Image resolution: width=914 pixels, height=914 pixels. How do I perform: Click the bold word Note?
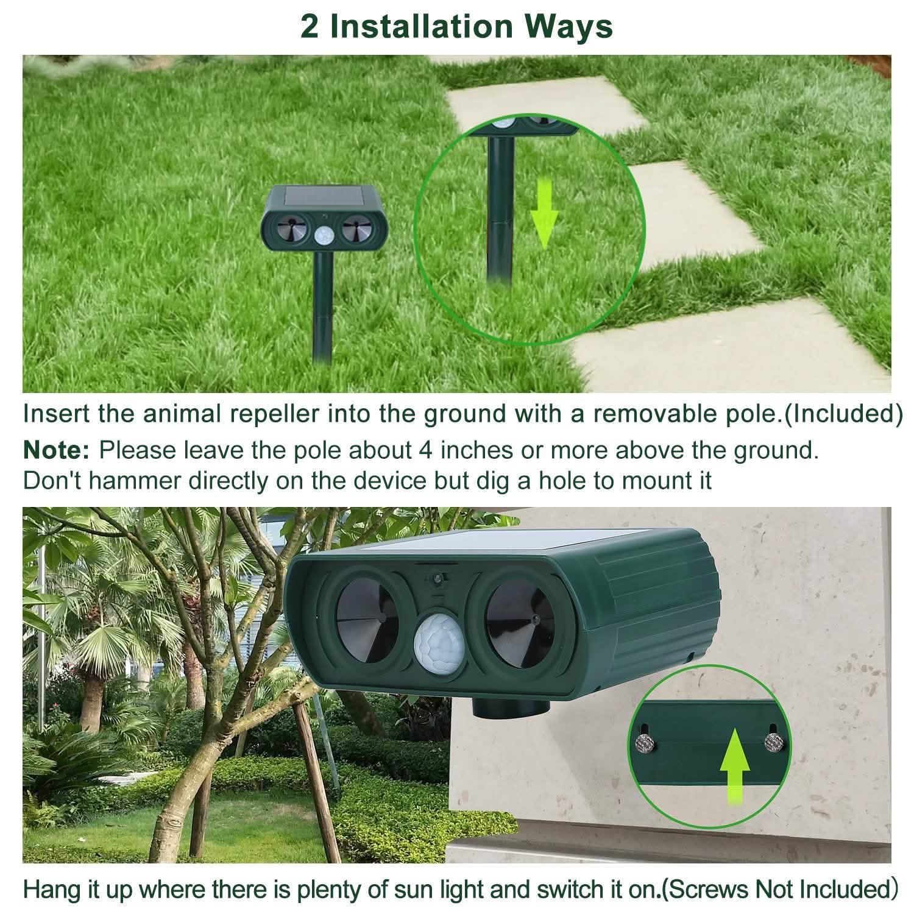(x=55, y=450)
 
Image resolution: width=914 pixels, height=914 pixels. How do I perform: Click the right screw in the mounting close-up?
(x=774, y=741)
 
